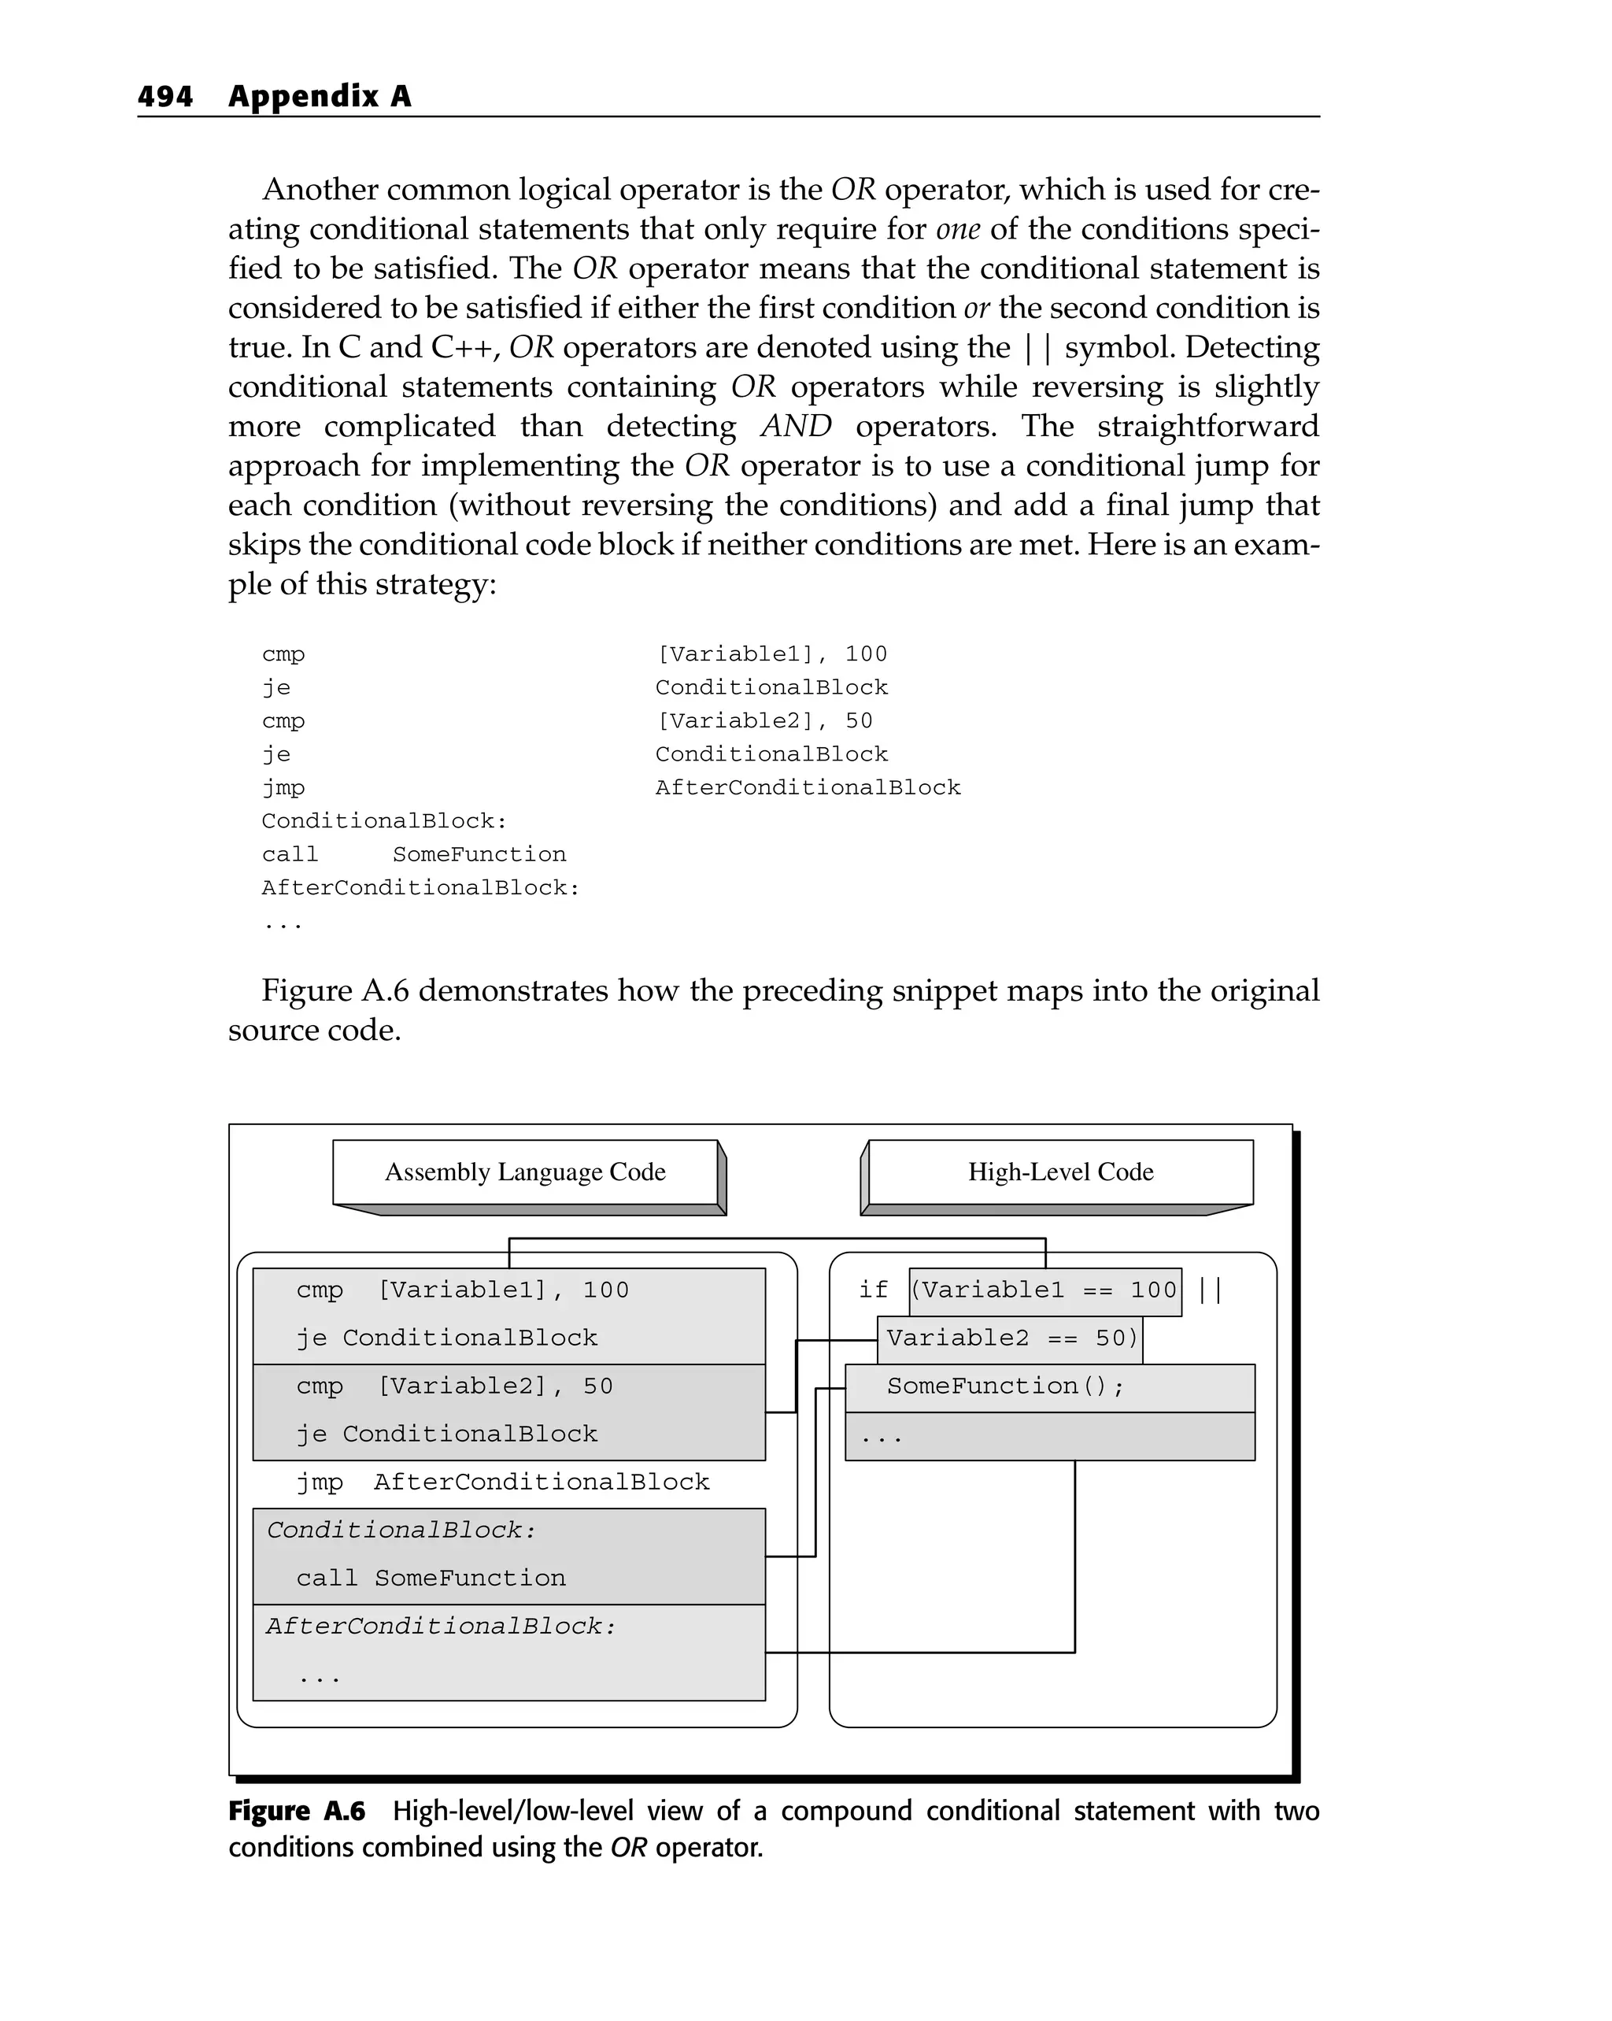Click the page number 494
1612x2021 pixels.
pyautogui.click(x=165, y=97)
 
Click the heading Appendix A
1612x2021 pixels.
pyautogui.click(x=320, y=97)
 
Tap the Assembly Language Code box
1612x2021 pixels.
pyautogui.click(x=525, y=1172)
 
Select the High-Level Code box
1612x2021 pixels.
pyautogui.click(x=1060, y=1172)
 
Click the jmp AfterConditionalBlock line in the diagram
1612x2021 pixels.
pyautogui.click(x=502, y=1482)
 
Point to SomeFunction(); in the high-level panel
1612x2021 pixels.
pyautogui.click(x=1004, y=1386)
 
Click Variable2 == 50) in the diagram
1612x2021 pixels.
pyautogui.click(x=1011, y=1338)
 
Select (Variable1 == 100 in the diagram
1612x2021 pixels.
pyautogui.click(x=1043, y=1290)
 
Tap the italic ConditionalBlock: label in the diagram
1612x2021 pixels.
pyautogui.click(x=401, y=1530)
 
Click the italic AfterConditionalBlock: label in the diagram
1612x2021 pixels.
pyautogui.click(x=441, y=1627)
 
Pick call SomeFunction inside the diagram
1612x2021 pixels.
pyautogui.click(x=431, y=1579)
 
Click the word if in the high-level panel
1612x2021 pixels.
pyautogui.click(x=873, y=1290)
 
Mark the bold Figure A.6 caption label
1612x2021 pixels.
pyautogui.click(x=296, y=1811)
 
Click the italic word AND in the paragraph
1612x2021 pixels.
pyautogui.click(x=796, y=427)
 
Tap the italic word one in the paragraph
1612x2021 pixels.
pyautogui.click(x=957, y=230)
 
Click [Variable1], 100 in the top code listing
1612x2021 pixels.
pyautogui.click(x=771, y=654)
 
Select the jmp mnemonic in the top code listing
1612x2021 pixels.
pyautogui.click(x=283, y=788)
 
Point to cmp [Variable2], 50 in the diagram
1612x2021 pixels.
pyautogui.click(x=454, y=1386)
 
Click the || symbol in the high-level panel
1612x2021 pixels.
pyautogui.click(x=1210, y=1290)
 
